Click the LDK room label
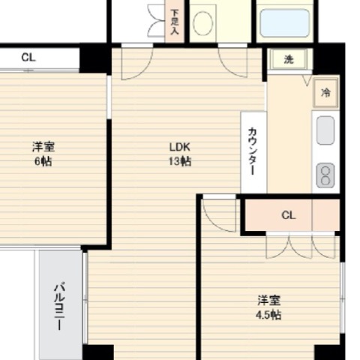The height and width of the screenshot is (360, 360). click(180, 147)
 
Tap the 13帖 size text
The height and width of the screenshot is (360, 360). click(180, 161)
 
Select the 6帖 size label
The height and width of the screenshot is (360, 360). click(43, 161)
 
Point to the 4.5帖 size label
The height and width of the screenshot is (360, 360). click(268, 315)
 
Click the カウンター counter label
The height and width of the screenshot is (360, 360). click(253, 151)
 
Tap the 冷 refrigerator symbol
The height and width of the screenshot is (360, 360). click(325, 93)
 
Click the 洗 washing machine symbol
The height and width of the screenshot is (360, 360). click(289, 59)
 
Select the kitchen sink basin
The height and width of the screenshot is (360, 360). click(325, 130)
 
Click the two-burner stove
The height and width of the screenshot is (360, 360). click(325, 175)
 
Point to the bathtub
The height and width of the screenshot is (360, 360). click(285, 23)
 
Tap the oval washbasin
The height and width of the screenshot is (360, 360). click(203, 23)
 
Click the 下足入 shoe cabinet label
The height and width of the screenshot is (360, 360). click(175, 22)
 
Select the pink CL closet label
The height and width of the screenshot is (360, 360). click(289, 215)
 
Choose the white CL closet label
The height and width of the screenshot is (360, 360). click(28, 58)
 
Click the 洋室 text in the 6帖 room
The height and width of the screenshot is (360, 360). click(43, 147)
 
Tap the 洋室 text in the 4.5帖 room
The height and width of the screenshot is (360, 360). click(268, 300)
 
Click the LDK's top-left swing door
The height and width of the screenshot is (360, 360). click(137, 64)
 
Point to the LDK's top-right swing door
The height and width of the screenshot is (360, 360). click(232, 62)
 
